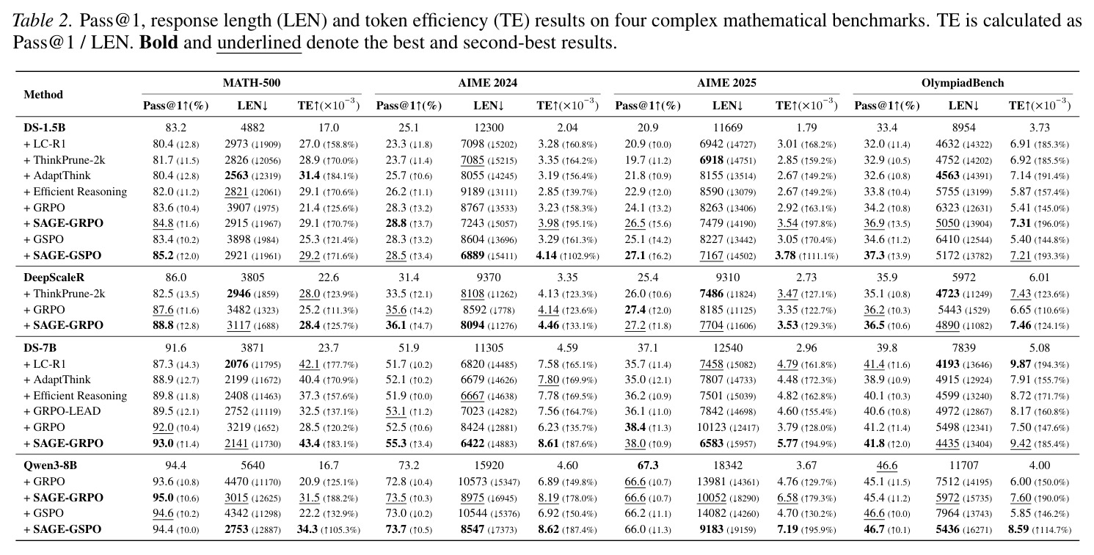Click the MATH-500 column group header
pos(252,82)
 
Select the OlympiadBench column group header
pos(963,82)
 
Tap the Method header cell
pos(43,94)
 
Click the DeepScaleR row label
pos(54,277)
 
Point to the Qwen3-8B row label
pos(51,465)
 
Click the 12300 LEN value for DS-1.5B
pos(489,128)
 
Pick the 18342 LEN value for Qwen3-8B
pos(728,465)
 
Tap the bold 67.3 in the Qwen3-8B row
pos(648,465)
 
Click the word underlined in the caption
pos(259,43)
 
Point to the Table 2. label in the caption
pos(43,21)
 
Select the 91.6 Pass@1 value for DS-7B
pos(176,348)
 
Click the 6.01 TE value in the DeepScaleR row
pos(1039,277)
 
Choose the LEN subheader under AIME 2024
pos(489,106)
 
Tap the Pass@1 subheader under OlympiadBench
pos(887,106)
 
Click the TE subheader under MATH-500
pos(329,105)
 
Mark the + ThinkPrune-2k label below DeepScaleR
pos(64,294)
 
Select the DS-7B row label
pos(40,348)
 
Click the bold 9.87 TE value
pos(1020,364)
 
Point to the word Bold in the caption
pos(158,43)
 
